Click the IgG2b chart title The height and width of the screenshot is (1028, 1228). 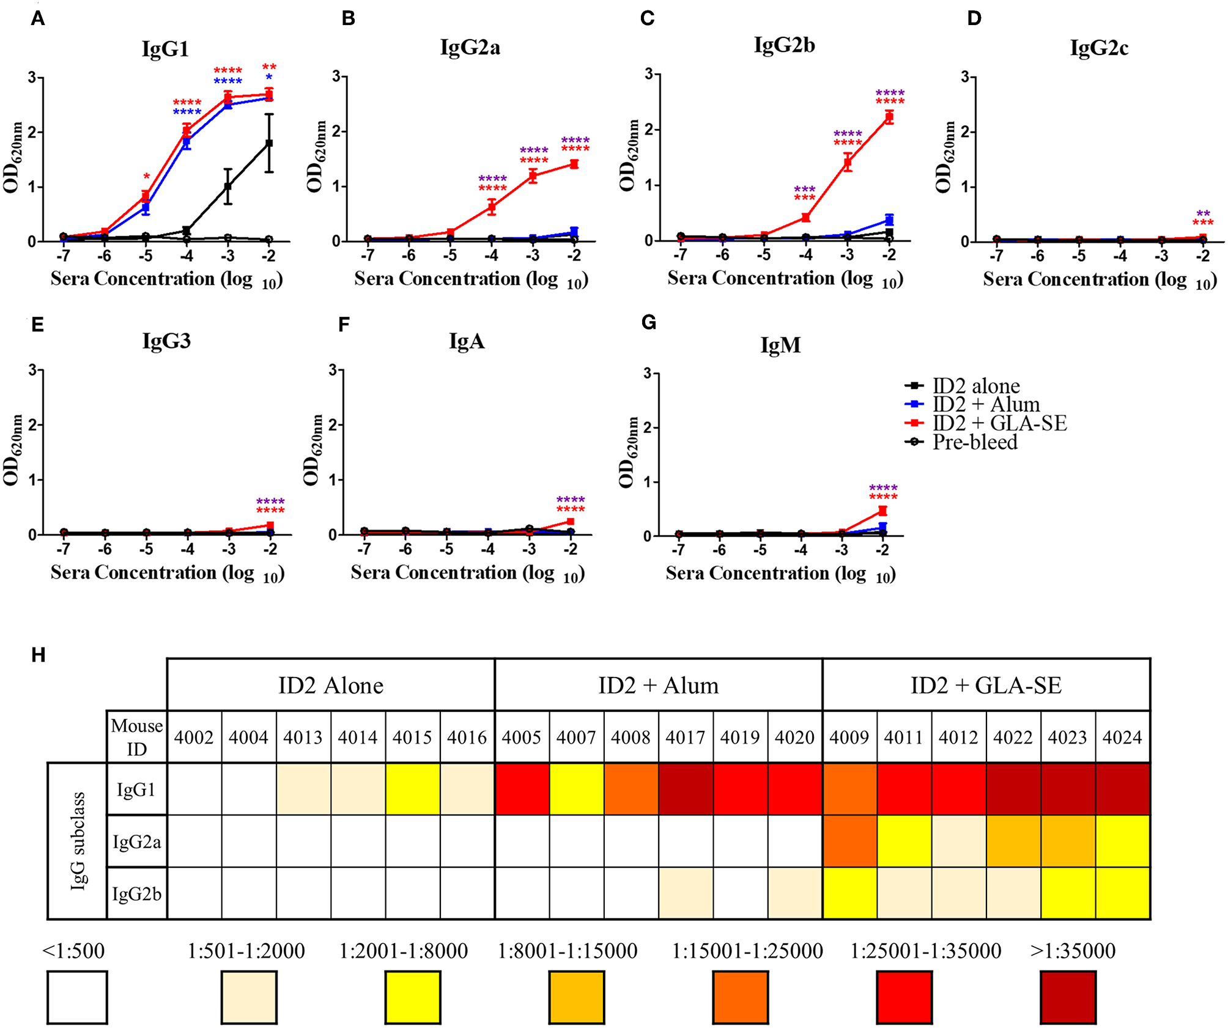tap(784, 45)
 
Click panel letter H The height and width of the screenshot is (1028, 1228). tap(38, 655)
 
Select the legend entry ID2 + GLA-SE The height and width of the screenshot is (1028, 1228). tap(999, 423)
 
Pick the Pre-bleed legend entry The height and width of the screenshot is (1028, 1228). tap(974, 442)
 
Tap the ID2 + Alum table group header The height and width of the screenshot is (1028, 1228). tap(658, 686)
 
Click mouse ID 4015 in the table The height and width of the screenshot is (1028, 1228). tap(412, 738)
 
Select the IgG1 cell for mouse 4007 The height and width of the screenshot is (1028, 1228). tap(576, 789)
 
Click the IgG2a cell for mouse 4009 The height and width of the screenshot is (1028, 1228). tap(849, 841)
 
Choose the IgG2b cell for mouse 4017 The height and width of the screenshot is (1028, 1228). tap(686, 893)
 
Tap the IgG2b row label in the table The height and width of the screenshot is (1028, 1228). tap(137, 894)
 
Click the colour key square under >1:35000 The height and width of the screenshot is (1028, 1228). tap(1068, 997)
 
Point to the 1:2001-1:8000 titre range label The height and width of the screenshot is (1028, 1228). tap(404, 951)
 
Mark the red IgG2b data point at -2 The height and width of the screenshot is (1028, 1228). tap(889, 117)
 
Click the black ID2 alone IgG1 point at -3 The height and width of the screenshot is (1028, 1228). tap(227, 187)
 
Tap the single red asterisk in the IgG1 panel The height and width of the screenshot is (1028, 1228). tap(146, 177)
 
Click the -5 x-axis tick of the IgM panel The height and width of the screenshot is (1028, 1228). tap(760, 550)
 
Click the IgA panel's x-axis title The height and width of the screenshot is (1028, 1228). tap(468, 573)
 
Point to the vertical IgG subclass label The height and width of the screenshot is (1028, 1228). tap(78, 841)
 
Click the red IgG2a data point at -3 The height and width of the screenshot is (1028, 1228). tap(533, 176)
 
